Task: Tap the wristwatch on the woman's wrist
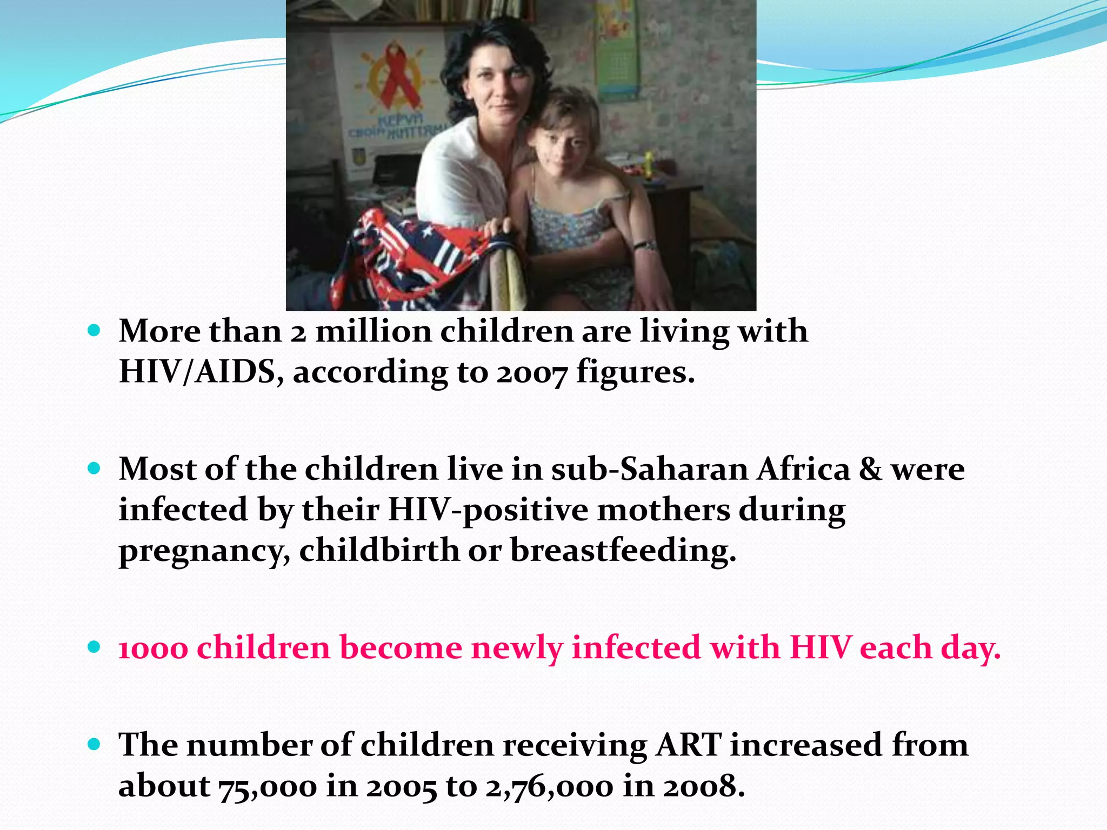[x=645, y=246]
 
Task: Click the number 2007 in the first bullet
[x=532, y=373]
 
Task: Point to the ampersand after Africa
[x=870, y=469]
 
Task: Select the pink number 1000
[x=153, y=648]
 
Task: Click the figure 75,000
[x=268, y=787]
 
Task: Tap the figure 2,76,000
[x=549, y=787]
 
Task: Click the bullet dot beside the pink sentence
[x=94, y=647]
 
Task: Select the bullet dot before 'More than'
[x=94, y=330]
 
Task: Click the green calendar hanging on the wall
[x=616, y=54]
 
